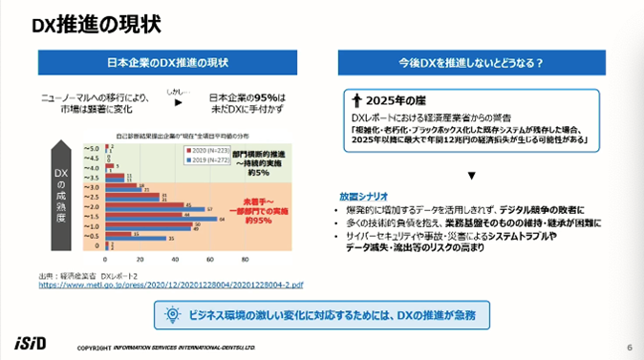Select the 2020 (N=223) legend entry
(196, 150)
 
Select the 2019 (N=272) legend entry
(196, 159)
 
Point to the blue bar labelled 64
(163, 219)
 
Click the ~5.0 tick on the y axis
(93, 150)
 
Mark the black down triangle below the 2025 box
(470, 176)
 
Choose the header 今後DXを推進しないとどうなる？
(471, 63)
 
